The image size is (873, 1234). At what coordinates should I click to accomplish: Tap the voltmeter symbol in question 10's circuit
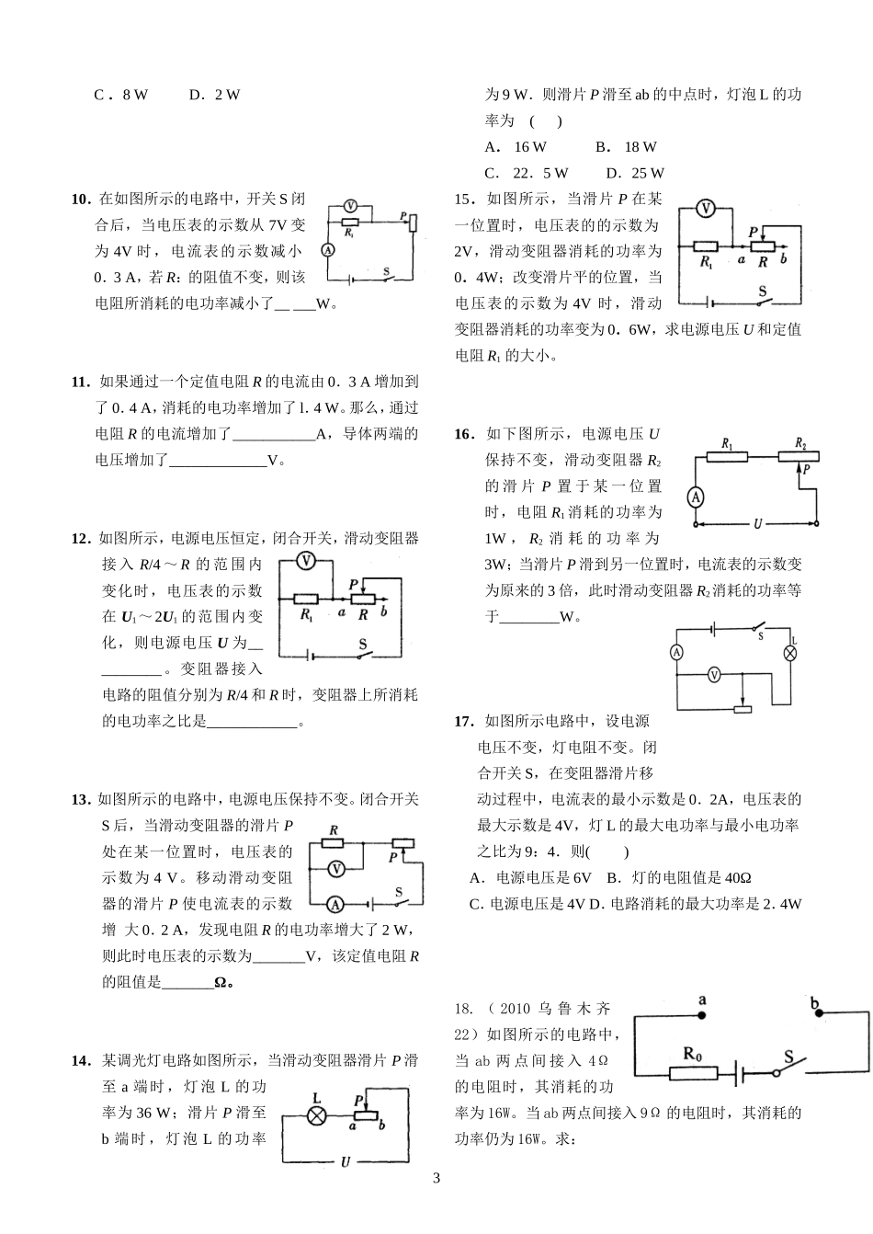349,205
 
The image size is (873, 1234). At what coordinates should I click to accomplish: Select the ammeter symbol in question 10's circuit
326,249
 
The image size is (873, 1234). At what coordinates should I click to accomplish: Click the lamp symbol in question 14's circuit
316,1115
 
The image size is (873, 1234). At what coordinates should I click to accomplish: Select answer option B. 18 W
626,147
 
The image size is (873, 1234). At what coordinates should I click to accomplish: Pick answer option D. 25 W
635,173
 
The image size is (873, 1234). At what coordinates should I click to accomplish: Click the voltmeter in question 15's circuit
705,208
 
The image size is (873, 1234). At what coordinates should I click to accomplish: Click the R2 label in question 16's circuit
800,443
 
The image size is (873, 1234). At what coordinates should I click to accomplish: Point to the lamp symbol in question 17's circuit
788,654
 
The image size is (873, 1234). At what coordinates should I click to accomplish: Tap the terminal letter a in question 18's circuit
702,1000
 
